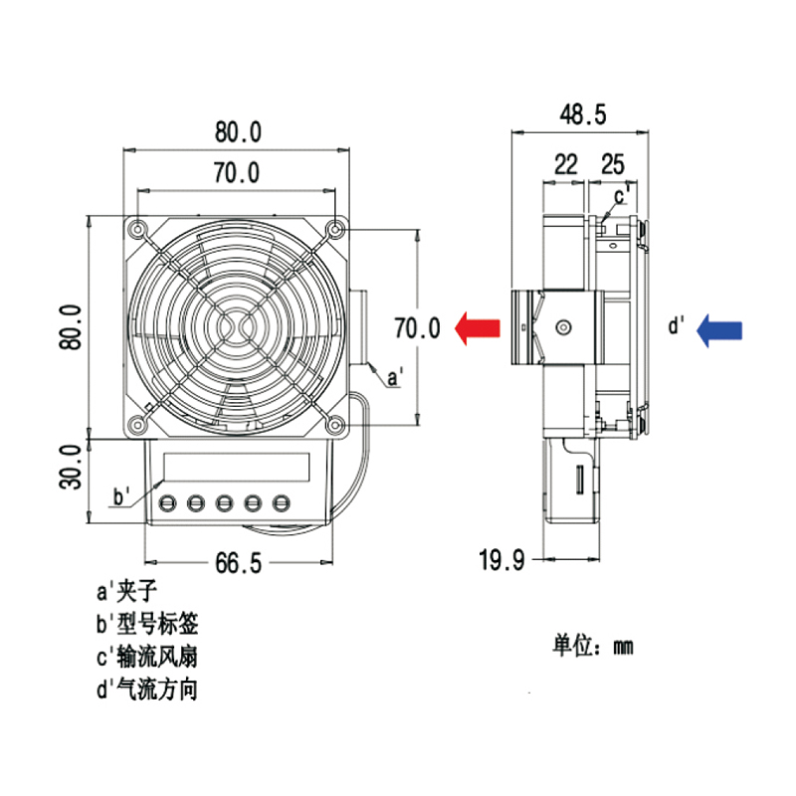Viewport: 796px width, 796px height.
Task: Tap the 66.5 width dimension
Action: pos(237,563)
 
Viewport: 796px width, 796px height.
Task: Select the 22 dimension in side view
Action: pos(565,165)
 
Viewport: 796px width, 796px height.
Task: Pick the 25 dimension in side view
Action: pos(613,165)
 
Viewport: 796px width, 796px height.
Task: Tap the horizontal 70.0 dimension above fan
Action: pos(237,173)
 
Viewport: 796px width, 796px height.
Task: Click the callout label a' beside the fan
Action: pos(394,378)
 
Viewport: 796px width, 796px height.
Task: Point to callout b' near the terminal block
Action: pos(122,497)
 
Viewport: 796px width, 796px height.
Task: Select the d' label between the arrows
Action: pos(677,325)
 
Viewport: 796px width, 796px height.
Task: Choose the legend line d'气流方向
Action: pos(146,689)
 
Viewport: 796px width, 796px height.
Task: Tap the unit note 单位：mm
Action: pos(593,646)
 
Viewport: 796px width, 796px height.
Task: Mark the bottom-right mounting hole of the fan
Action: pos(336,426)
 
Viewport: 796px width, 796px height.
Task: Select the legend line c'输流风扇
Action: pos(146,657)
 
